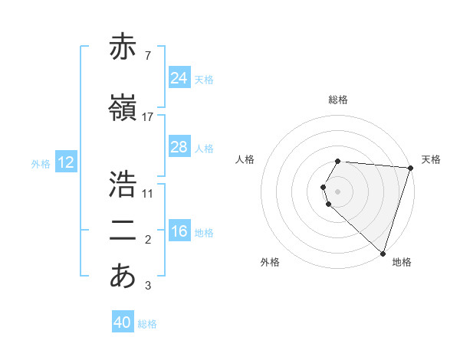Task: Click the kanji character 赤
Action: [x=123, y=47]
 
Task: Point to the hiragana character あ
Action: [x=123, y=276]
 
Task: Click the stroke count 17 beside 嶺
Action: [x=148, y=116]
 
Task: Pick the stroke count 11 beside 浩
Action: [x=148, y=193]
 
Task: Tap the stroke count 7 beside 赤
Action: [x=147, y=55]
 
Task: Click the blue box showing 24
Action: [x=179, y=78]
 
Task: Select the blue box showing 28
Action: [x=179, y=147]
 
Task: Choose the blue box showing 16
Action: [x=179, y=231]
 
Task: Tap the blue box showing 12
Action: [x=66, y=162]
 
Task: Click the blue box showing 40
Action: [x=123, y=322]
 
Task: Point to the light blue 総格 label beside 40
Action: [x=148, y=324]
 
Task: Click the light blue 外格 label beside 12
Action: [x=41, y=163]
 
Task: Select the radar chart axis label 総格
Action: [x=338, y=100]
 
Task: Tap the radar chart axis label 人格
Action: [x=245, y=159]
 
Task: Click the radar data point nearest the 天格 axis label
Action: [x=410, y=168]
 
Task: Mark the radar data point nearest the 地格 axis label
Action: [x=383, y=253]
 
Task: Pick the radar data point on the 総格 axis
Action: [x=338, y=162]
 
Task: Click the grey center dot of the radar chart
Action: [x=338, y=191]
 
